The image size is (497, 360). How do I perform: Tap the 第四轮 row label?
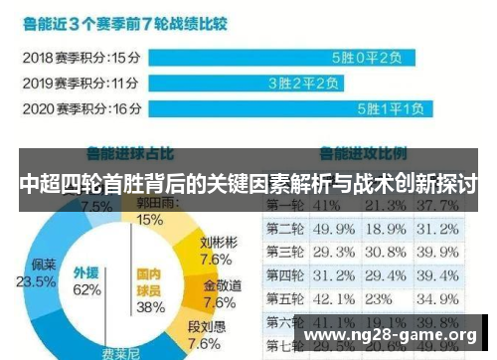284,274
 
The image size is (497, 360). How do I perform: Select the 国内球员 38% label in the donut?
149,288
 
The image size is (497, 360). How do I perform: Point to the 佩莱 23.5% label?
43,272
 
